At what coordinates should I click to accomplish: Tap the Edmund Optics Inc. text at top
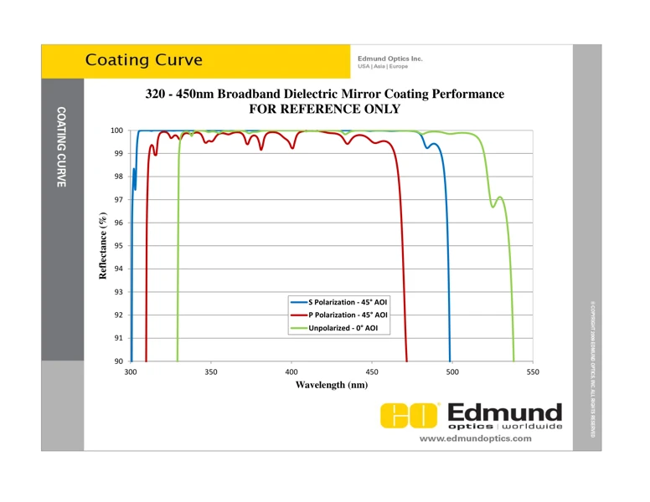click(389, 58)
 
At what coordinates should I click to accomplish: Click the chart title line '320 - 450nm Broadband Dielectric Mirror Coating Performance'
click(325, 94)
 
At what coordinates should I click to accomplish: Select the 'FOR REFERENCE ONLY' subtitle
click(325, 109)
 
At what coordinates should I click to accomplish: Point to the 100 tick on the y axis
click(116, 131)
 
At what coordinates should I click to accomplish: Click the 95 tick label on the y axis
click(118, 246)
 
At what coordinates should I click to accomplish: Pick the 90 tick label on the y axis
click(118, 361)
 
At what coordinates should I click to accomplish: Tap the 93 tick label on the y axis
click(118, 292)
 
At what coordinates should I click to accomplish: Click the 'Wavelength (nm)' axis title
click(332, 385)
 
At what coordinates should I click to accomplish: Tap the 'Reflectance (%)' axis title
click(104, 246)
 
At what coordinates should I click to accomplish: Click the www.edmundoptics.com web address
click(475, 438)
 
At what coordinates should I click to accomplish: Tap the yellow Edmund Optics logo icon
click(410, 415)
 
